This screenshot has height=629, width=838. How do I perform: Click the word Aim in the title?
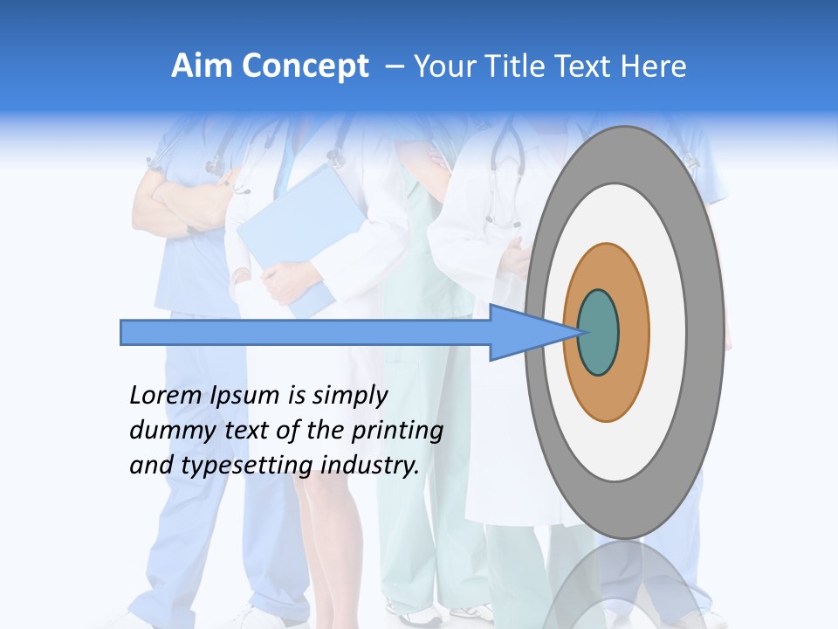click(202, 66)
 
